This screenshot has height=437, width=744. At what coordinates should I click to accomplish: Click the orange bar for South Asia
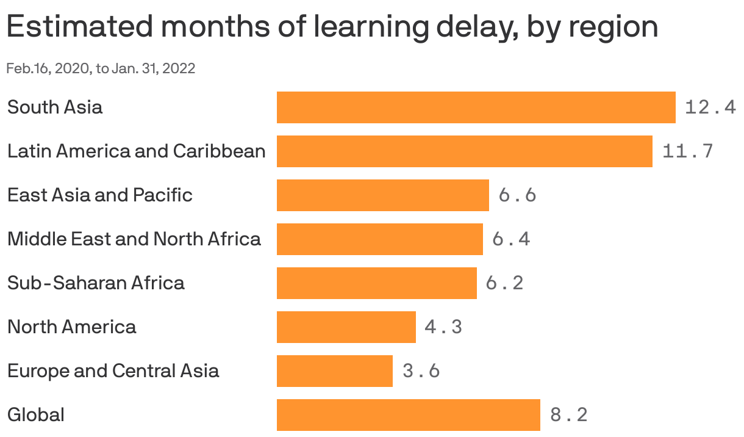pyautogui.click(x=476, y=107)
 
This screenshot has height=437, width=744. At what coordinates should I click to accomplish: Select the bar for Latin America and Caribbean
pyautogui.click(x=464, y=151)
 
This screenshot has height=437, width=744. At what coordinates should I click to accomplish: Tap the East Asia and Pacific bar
pyautogui.click(x=382, y=195)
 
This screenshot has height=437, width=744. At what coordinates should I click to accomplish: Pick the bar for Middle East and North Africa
pyautogui.click(x=379, y=239)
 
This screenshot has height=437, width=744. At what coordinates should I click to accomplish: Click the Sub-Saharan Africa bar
pyautogui.click(x=376, y=283)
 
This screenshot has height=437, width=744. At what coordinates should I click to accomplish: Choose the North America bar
pyautogui.click(x=346, y=327)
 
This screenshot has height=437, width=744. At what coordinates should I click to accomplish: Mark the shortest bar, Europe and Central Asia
pyautogui.click(x=334, y=371)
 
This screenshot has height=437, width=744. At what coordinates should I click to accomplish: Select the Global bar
pyautogui.click(x=408, y=415)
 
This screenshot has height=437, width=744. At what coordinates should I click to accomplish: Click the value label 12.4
pyautogui.click(x=710, y=108)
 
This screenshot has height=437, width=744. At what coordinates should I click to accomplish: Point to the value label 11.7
pyautogui.click(x=687, y=151)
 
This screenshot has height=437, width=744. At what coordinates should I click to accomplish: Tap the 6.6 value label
pyautogui.click(x=517, y=195)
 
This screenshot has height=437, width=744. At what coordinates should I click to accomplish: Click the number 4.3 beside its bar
pyautogui.click(x=443, y=327)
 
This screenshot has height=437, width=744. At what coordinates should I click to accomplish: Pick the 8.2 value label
pyautogui.click(x=568, y=415)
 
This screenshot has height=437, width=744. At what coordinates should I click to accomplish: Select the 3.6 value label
pyautogui.click(x=421, y=371)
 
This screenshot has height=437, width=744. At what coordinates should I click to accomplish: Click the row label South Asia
pyautogui.click(x=55, y=107)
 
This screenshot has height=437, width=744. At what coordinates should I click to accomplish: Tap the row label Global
pyautogui.click(x=35, y=415)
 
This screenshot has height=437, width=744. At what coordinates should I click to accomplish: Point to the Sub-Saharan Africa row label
pyautogui.click(x=96, y=283)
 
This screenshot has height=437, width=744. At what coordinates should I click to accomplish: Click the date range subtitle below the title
pyautogui.click(x=101, y=68)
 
